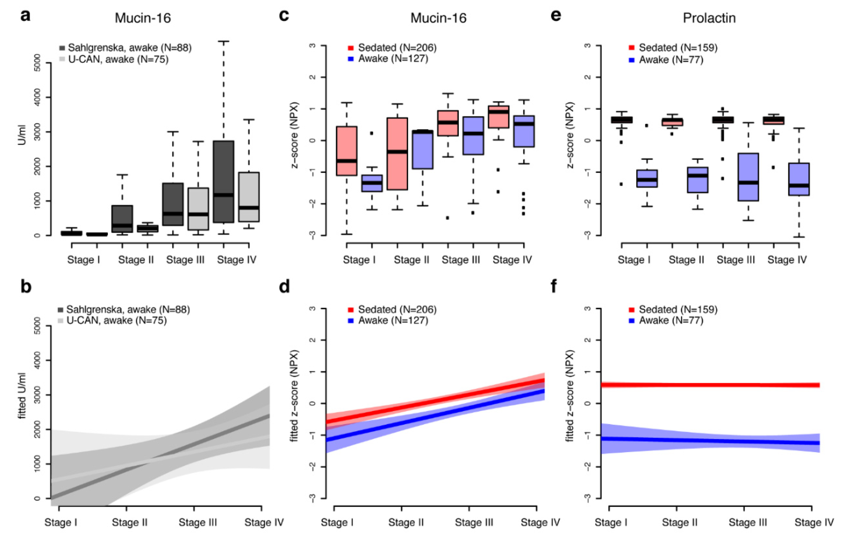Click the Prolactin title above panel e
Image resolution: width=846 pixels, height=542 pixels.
[709, 18]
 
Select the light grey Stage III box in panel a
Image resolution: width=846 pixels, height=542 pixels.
[198, 209]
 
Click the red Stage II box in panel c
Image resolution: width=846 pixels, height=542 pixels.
[397, 154]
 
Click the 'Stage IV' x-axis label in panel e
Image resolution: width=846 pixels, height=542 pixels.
[787, 260]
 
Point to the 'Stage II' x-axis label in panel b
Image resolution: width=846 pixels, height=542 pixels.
[129, 522]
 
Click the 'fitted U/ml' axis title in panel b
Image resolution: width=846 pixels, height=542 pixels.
[22, 396]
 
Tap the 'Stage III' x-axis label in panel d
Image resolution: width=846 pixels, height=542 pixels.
[474, 522]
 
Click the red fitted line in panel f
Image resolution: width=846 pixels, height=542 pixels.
[710, 385]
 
